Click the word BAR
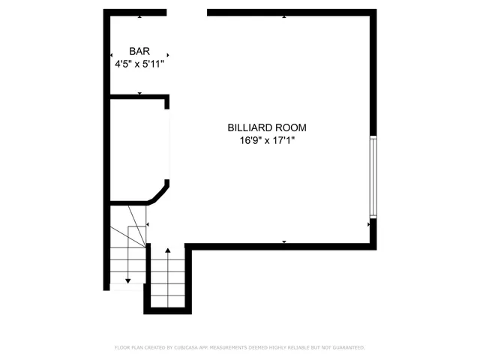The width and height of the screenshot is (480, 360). point(139,51)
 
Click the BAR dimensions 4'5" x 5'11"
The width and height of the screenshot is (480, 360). point(139,64)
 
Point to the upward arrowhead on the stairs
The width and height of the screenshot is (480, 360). point(167,250)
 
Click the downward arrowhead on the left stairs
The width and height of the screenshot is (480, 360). point(128,280)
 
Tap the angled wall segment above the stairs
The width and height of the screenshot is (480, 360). point(159,194)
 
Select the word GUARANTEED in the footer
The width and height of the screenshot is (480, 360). point(346,348)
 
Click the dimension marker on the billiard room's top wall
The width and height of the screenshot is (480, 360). point(283,16)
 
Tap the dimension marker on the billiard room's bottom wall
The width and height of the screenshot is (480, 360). point(284,241)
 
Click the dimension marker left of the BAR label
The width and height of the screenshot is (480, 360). point(112,55)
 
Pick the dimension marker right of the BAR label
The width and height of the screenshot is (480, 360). point(168,55)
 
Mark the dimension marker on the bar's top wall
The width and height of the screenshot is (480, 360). point(139,16)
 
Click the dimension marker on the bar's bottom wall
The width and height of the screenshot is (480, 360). point(139,93)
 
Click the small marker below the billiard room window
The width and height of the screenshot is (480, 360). point(369,223)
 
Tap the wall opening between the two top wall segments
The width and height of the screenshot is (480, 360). point(187,12)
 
